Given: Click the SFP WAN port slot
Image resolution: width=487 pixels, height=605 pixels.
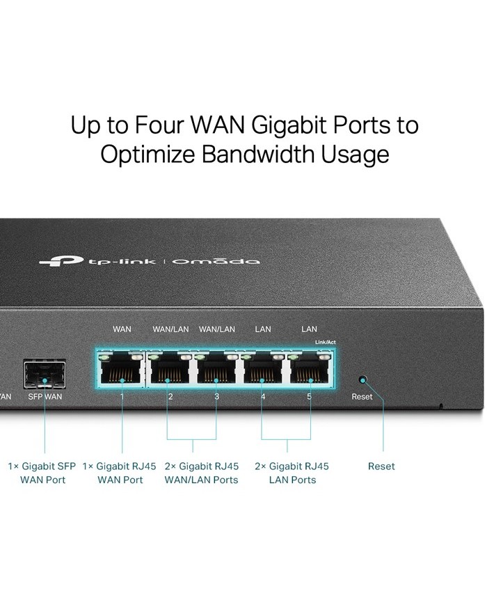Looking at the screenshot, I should (x=45, y=375).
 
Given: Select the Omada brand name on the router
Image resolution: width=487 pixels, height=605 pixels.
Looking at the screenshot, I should (x=216, y=261).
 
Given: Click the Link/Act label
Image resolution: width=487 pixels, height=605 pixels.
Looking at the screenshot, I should (x=325, y=342).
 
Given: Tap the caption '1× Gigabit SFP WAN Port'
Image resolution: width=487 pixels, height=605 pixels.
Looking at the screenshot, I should (x=42, y=473).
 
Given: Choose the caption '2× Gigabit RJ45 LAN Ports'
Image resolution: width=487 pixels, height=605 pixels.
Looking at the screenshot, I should (x=292, y=473).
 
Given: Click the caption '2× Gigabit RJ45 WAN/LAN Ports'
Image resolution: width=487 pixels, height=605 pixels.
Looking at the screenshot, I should (x=201, y=473).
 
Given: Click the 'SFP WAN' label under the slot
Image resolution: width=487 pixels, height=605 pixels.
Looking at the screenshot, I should (x=45, y=397).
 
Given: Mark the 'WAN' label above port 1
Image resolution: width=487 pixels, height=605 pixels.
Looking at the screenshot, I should (x=122, y=329).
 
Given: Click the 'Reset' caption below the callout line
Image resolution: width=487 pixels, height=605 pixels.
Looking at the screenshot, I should (x=381, y=466).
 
